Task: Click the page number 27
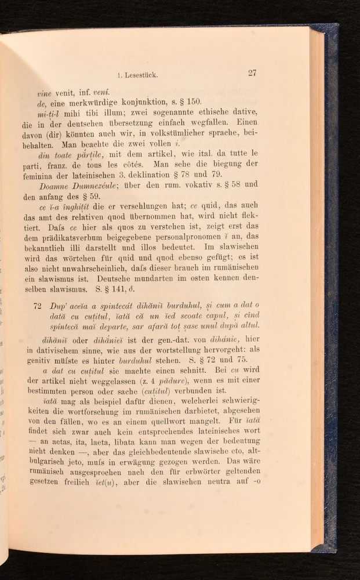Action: (252, 72)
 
